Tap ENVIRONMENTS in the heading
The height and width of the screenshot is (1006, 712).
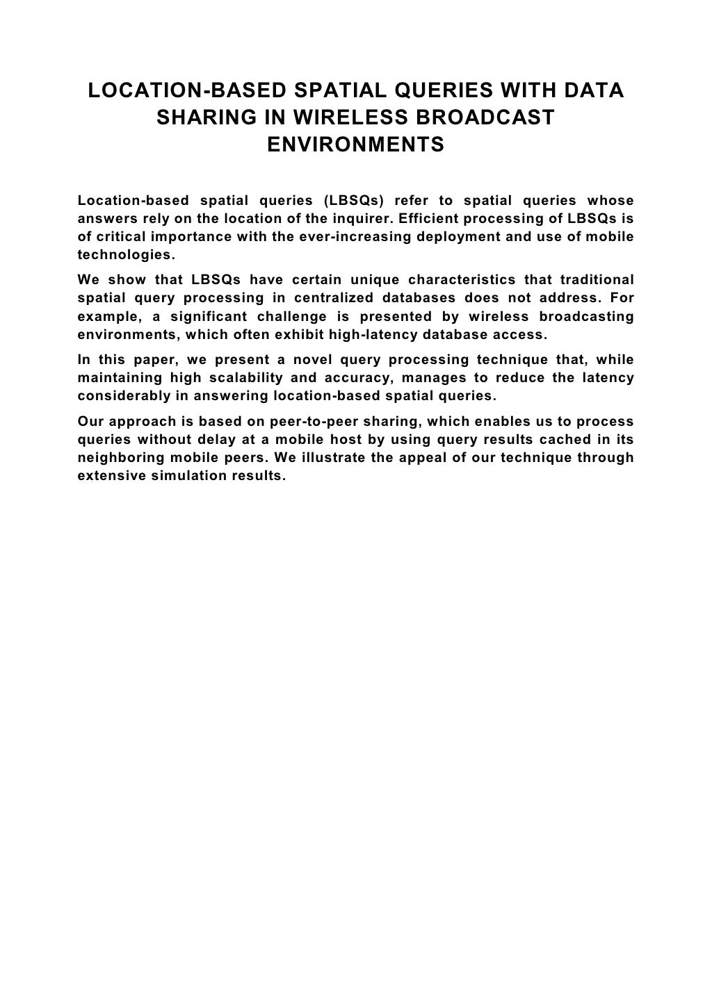(355, 146)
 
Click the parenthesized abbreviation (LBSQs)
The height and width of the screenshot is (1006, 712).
(353, 201)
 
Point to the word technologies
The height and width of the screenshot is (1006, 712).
(122, 255)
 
